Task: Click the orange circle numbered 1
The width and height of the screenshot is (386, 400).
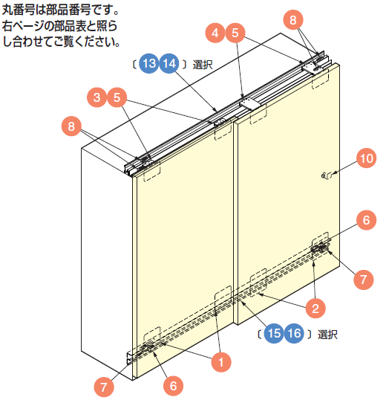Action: [221, 362]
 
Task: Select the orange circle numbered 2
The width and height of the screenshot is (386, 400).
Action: [315, 309]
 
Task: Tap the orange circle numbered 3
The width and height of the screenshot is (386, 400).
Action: [97, 97]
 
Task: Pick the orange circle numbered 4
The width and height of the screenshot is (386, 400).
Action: [215, 33]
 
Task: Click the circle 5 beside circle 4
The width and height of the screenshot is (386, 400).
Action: [235, 33]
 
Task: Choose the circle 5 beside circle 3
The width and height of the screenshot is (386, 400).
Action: [117, 97]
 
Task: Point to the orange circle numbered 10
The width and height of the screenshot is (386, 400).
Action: [367, 158]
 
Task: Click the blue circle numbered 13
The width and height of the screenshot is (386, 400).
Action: [149, 63]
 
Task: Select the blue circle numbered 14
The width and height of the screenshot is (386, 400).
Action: [169, 63]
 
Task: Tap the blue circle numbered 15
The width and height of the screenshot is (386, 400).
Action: [274, 333]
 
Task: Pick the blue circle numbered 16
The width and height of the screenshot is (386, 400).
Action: [294, 333]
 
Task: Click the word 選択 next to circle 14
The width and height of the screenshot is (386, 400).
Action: [203, 65]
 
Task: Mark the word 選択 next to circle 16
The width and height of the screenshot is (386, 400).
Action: [327, 335]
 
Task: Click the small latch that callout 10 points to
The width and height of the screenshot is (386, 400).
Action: [327, 175]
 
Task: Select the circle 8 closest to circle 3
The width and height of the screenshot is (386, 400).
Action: [71, 126]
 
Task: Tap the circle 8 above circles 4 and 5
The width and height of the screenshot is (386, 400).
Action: [293, 20]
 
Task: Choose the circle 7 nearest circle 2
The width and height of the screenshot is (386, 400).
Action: [364, 280]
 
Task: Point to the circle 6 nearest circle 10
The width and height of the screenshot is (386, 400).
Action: [366, 220]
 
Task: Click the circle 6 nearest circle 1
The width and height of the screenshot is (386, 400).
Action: [173, 386]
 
